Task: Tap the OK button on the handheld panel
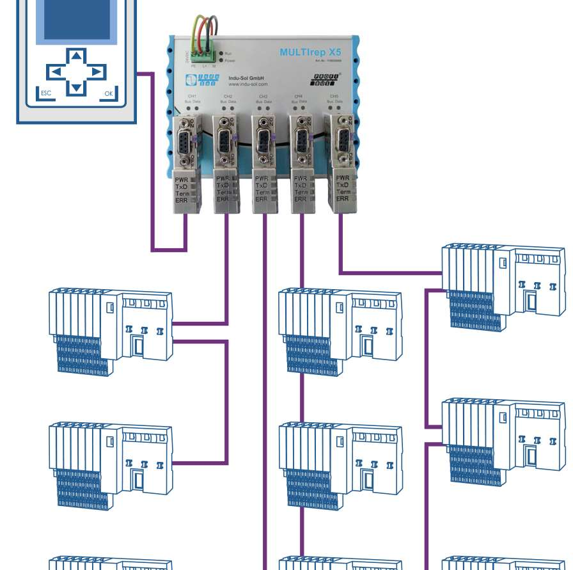[x=109, y=93]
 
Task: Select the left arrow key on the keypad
[x=56, y=71]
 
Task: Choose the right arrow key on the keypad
[x=97, y=71]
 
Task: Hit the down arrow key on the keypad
[x=77, y=87]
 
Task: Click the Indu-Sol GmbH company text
[x=247, y=77]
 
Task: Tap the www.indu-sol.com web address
[x=247, y=84]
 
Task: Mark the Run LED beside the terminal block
[x=221, y=53]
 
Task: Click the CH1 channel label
[x=191, y=96]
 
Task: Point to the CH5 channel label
[x=334, y=96]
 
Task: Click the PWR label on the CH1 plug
[x=182, y=178]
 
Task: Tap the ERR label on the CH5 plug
[x=343, y=198]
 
